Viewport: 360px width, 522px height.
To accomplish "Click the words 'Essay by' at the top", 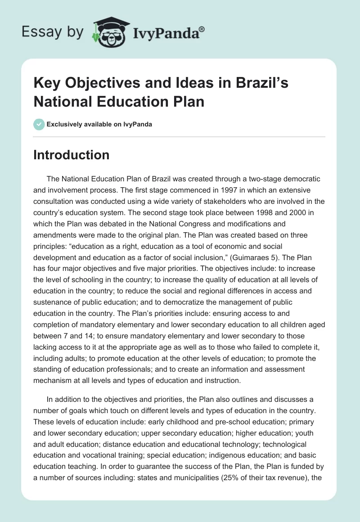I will coord(52,32).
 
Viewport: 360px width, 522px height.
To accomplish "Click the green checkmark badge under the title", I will coord(39,124).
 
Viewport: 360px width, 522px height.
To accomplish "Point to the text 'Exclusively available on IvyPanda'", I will coord(99,124).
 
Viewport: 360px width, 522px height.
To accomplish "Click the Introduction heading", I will coord(72,155).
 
